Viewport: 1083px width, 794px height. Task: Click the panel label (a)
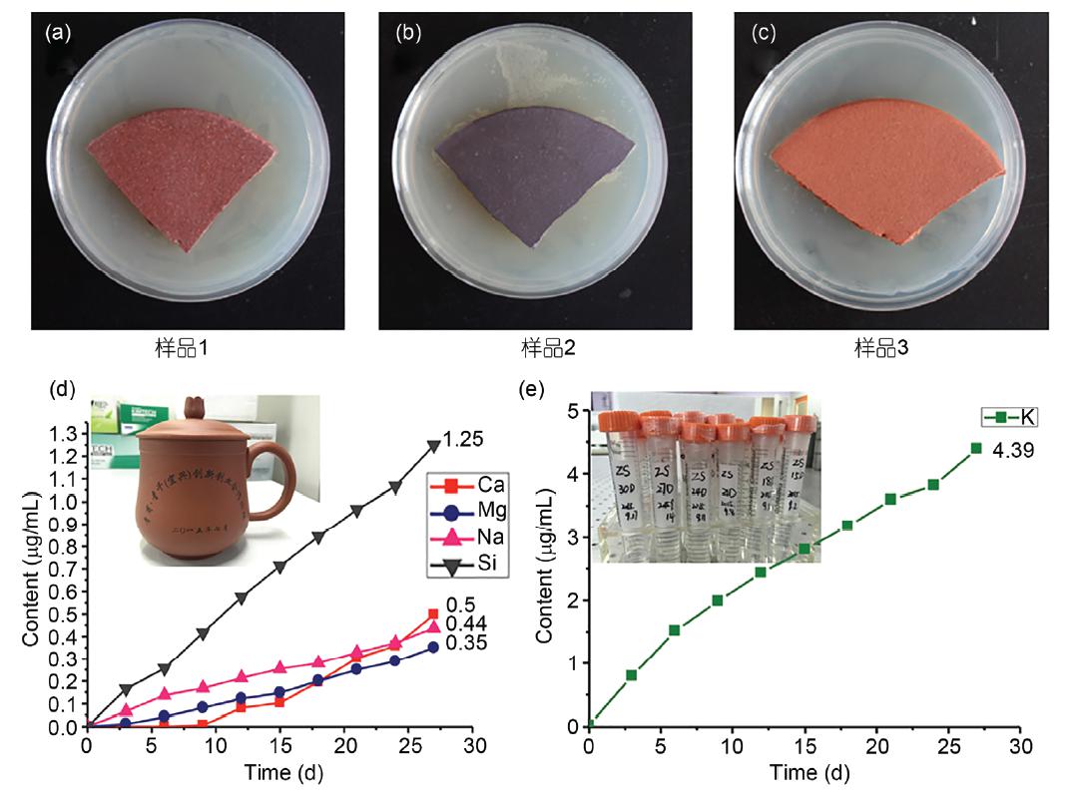[x=56, y=33]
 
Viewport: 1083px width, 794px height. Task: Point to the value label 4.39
[x=1012, y=451]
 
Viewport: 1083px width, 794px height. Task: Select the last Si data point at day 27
[x=433, y=446]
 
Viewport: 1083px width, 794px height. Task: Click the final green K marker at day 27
[x=976, y=448]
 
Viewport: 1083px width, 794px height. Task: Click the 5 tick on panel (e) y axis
[x=574, y=410]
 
